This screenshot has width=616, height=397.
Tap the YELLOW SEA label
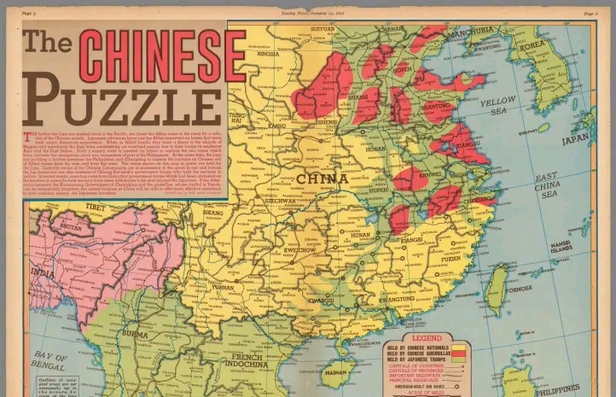[497, 106]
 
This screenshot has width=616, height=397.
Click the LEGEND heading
[427, 338]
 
